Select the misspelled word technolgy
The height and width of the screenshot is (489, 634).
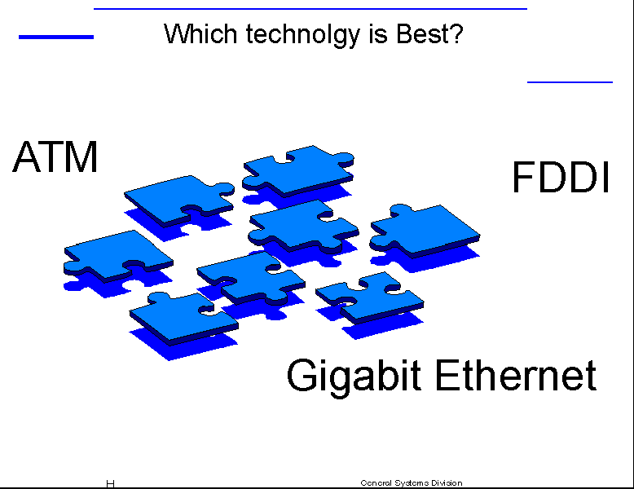(303, 35)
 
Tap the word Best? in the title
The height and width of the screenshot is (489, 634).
(429, 33)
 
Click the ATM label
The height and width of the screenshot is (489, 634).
(55, 156)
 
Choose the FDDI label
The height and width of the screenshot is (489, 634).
(561, 177)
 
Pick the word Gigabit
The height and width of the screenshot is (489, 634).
(354, 377)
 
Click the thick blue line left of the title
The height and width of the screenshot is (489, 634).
(56, 37)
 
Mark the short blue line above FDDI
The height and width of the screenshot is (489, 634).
(570, 82)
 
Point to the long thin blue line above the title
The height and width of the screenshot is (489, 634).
(310, 8)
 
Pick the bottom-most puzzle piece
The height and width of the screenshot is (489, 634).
(184, 319)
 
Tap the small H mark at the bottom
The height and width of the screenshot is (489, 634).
(110, 484)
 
